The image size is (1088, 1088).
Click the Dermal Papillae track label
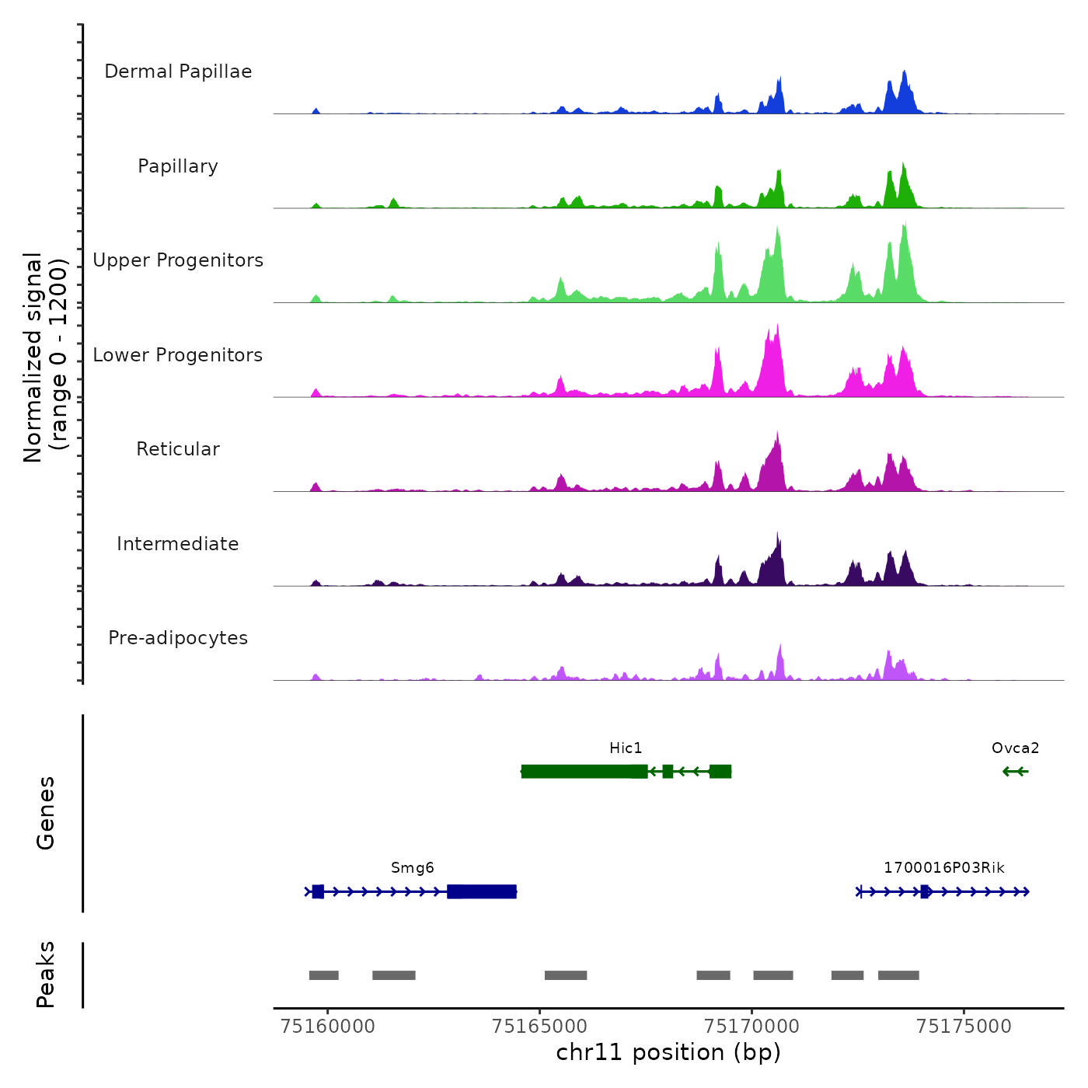[178, 71]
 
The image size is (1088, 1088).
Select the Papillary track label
[178, 166]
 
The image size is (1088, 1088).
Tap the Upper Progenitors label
[178, 260]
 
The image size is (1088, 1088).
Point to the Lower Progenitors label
[178, 355]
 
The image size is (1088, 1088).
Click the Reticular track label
[178, 449]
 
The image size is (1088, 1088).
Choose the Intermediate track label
[178, 544]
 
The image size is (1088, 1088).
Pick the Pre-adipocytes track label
[178, 638]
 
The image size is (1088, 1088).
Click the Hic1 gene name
[626, 748]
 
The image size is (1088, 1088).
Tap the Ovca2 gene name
[1015, 748]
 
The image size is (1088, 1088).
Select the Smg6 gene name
[412, 868]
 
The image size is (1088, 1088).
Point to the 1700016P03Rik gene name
[943, 868]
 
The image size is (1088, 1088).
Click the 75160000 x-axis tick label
[328, 1027]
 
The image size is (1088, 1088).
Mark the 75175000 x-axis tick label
[964, 1027]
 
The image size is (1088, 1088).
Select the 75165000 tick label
[540, 1027]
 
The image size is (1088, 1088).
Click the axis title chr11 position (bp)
[668, 1053]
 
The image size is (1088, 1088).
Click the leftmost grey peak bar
[323, 975]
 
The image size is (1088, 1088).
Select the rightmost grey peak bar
[898, 975]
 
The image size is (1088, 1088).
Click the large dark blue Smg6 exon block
[482, 891]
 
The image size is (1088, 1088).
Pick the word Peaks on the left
[46, 975]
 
